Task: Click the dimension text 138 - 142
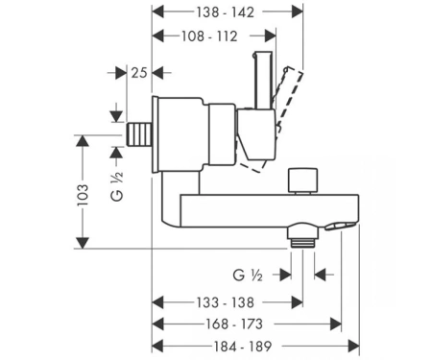(x=225, y=12)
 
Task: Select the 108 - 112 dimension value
(x=209, y=36)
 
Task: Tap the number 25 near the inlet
(x=139, y=73)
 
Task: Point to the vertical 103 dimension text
(x=83, y=195)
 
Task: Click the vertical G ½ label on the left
(x=117, y=186)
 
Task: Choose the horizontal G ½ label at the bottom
(x=248, y=275)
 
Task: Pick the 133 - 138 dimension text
(x=225, y=302)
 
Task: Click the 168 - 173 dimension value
(x=234, y=324)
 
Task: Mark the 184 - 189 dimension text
(x=243, y=347)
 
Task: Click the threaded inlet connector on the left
(x=139, y=134)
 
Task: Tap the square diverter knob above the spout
(x=302, y=180)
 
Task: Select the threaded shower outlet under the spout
(x=302, y=236)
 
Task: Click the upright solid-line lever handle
(x=263, y=80)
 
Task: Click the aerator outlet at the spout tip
(x=340, y=227)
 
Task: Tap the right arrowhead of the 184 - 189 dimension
(x=353, y=347)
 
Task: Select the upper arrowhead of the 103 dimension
(x=83, y=141)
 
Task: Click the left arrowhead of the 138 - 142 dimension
(x=157, y=12)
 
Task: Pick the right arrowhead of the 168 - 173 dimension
(x=336, y=324)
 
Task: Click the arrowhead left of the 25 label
(x=121, y=73)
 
